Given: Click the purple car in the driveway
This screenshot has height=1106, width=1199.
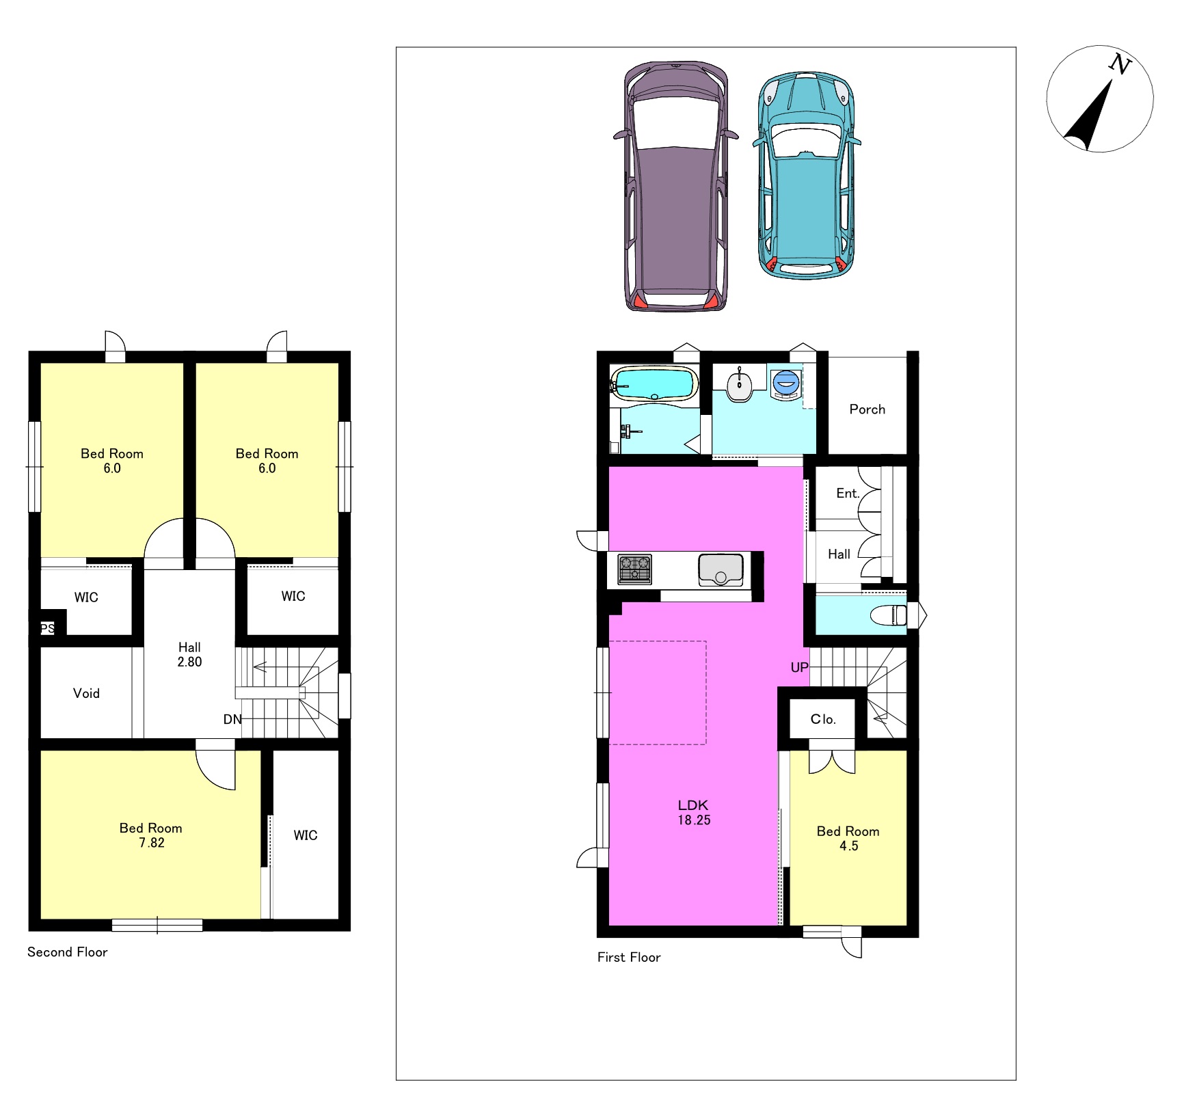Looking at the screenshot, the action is (675, 186).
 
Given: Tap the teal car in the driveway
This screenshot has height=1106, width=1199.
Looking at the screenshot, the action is (807, 176).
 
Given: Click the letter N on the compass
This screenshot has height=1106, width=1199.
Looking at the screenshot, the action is (1120, 64).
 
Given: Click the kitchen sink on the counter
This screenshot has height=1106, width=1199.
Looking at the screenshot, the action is (720, 570).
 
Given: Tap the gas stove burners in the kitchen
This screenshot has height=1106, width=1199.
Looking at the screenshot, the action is (634, 569).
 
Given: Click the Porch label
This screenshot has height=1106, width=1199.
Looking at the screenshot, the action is (867, 409).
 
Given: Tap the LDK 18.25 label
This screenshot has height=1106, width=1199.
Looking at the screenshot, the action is (694, 813).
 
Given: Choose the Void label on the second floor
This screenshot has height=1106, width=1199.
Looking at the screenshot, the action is (86, 693).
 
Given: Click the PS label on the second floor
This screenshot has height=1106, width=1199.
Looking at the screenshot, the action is (47, 628).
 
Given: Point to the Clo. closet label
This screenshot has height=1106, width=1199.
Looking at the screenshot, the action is (823, 719).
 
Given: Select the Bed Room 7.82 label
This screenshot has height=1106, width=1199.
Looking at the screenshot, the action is (151, 835).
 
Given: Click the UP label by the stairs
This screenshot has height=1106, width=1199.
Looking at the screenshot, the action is (799, 667).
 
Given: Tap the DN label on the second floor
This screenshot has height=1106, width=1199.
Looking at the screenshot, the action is (232, 719).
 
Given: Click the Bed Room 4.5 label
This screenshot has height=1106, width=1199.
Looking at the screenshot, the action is (848, 838).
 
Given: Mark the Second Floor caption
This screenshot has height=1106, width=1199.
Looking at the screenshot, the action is (68, 952).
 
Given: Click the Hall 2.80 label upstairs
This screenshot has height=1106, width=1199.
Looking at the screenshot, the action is (189, 654).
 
